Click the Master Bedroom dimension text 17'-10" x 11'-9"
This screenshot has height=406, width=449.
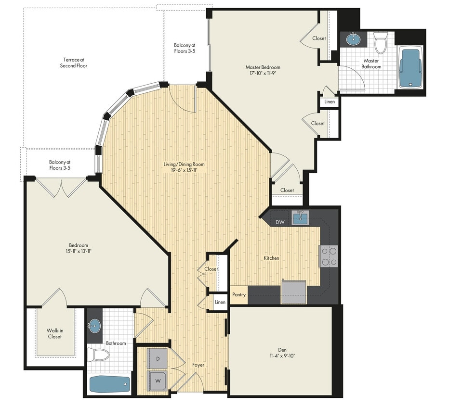tap(263, 74)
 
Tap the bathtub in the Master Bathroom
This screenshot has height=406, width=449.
tap(410, 68)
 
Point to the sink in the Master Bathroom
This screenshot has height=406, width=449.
tap(354, 38)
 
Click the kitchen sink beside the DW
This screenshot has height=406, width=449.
tap(300, 219)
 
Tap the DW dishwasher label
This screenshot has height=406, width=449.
tap(280, 222)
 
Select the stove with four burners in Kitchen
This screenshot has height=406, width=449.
tap(329, 256)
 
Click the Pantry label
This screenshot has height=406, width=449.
tap(239, 295)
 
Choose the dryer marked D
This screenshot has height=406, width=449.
tap(157, 358)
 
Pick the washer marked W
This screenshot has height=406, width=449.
tap(157, 379)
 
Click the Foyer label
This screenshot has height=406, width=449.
tap(198, 365)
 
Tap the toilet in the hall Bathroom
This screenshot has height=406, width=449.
tap(101, 355)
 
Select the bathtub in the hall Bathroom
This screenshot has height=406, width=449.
tap(110, 384)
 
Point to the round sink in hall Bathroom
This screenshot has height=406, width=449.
tap(94, 326)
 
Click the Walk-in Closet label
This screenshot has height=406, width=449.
tap(54, 333)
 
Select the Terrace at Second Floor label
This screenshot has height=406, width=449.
tap(74, 63)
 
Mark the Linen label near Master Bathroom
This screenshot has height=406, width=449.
tap(330, 102)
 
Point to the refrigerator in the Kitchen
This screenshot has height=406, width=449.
tap(294, 292)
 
